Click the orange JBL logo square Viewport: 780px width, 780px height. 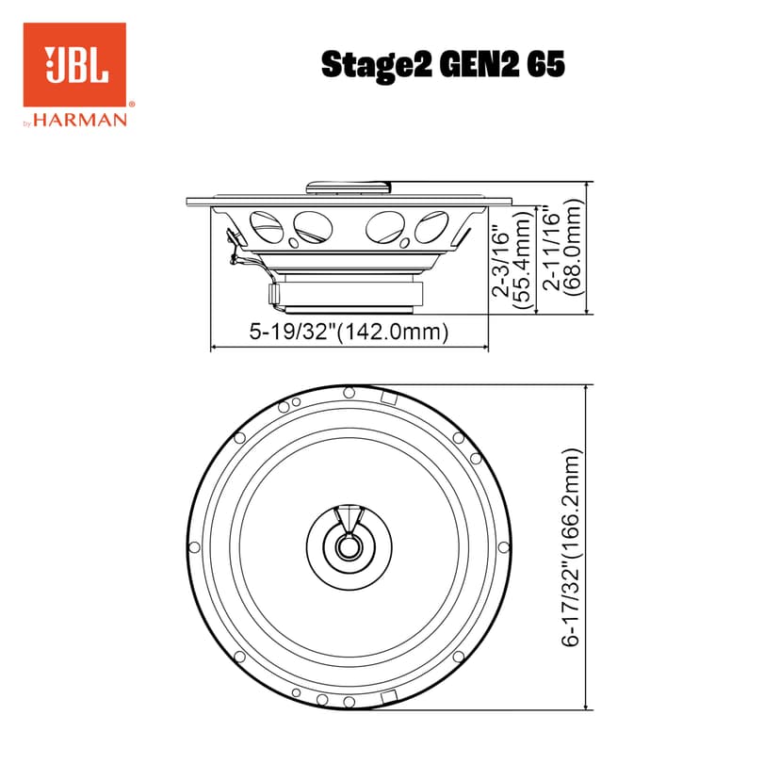click(73, 65)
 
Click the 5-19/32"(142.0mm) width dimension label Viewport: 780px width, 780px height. click(348, 332)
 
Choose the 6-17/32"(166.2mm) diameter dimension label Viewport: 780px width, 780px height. click(572, 546)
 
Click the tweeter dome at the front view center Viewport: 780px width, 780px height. click(349, 544)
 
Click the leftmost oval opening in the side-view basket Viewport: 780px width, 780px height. click(265, 227)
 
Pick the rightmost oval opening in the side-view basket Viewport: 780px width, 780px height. click(431, 227)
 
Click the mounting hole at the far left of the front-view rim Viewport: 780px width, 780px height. click(194, 547)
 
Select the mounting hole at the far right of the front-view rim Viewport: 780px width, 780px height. click(504, 546)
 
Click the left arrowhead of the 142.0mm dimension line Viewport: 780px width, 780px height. click(213, 349)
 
